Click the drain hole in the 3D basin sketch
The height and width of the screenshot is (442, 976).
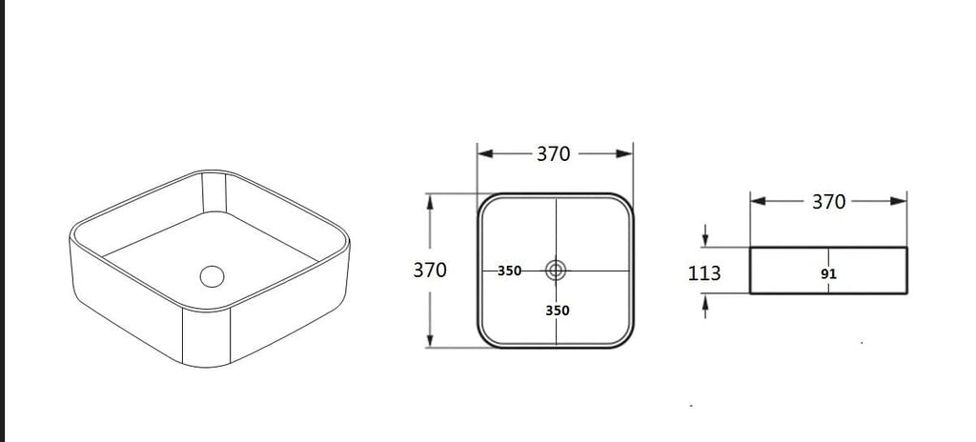coord(212,276)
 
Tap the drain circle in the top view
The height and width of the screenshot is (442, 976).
coord(556,271)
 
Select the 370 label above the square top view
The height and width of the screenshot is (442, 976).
coord(554,153)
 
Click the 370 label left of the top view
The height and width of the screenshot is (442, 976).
coord(430,271)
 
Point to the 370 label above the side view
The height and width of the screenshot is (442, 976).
coord(828,202)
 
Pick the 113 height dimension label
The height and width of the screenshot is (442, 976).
coord(704,272)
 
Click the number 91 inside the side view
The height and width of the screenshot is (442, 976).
coord(828,274)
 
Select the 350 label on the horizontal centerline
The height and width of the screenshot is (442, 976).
coord(509,271)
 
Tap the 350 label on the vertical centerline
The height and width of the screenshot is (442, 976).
coord(557,310)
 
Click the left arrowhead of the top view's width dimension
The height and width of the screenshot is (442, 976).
coord(485,153)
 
